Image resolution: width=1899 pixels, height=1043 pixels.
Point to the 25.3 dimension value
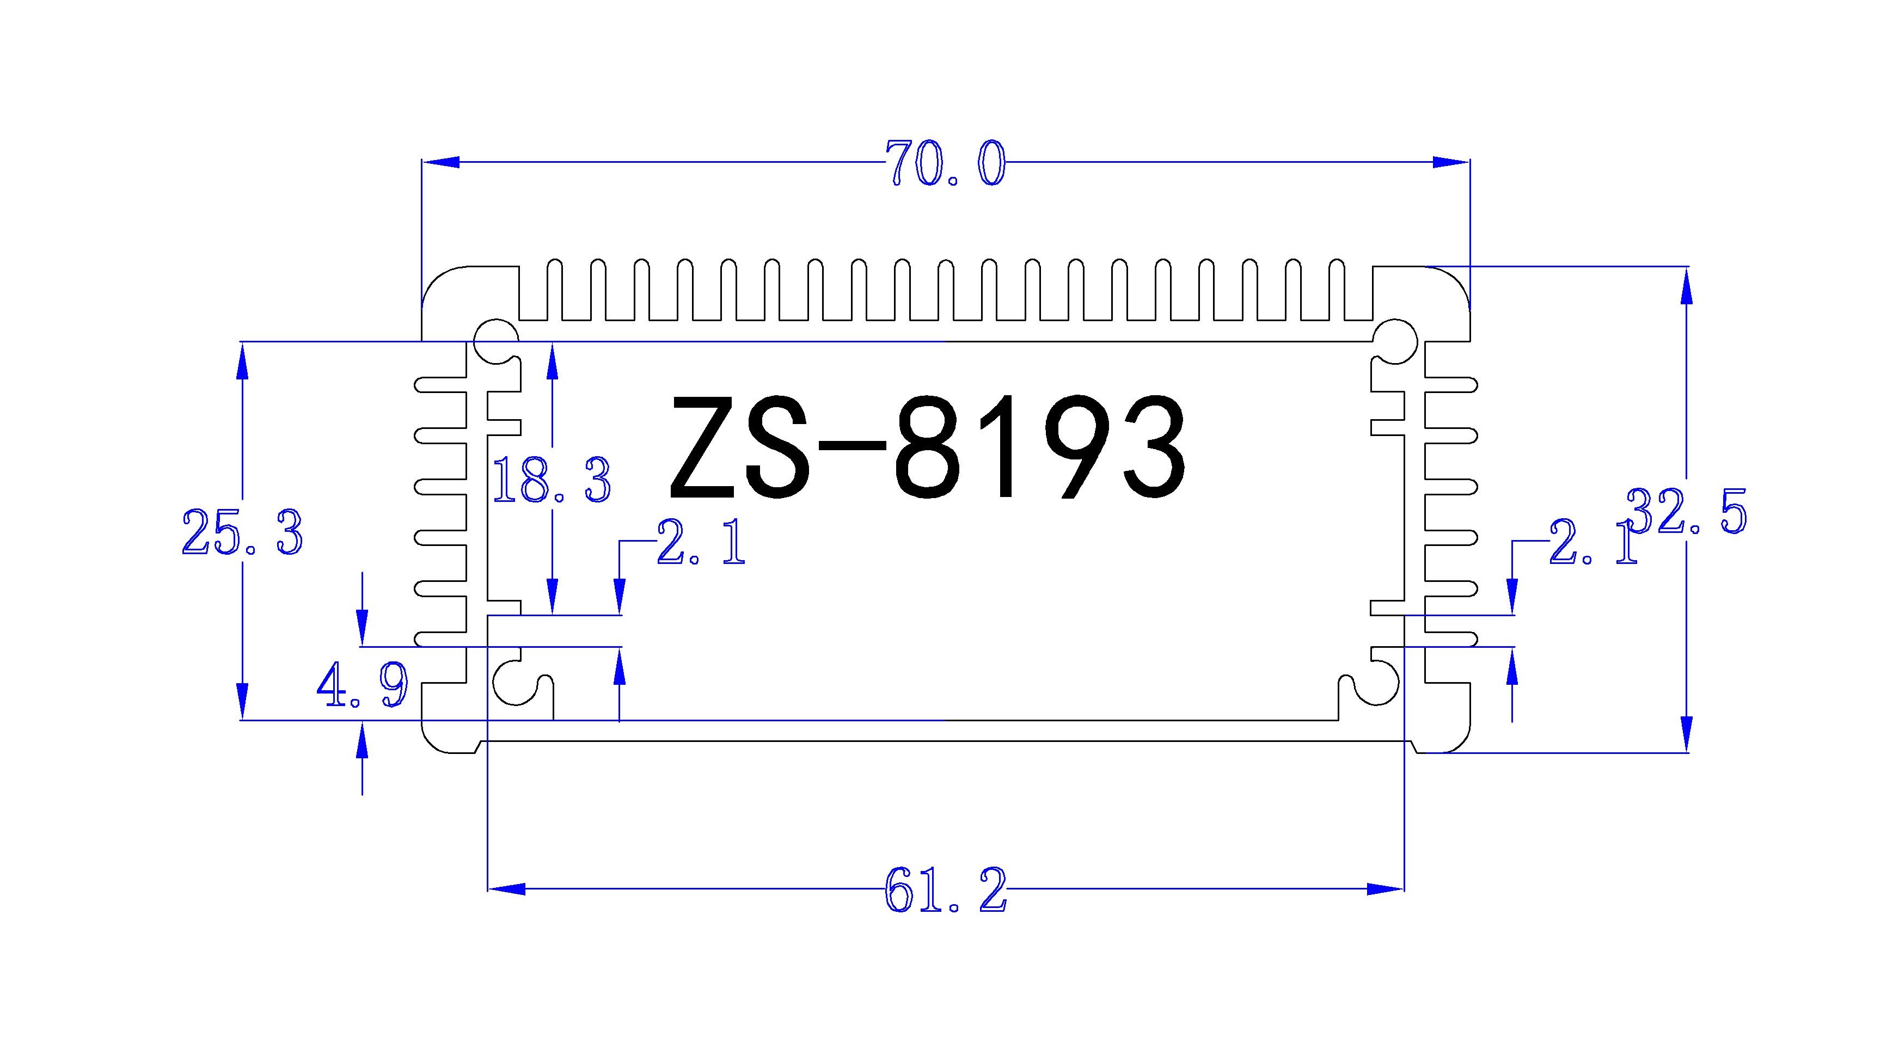242,532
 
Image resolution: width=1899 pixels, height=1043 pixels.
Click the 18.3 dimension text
552,480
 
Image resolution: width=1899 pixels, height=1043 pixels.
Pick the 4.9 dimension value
362,685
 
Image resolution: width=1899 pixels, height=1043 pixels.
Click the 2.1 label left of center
700,543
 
